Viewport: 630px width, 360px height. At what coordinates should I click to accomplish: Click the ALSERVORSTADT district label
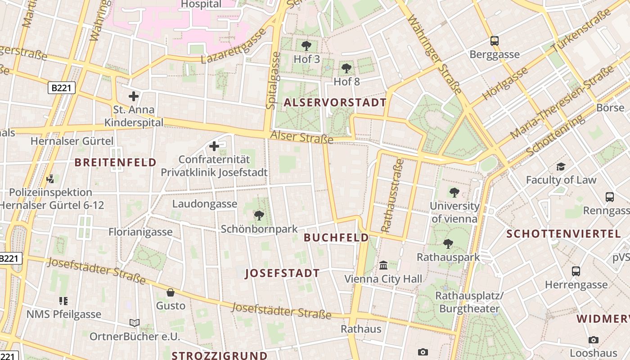click(335, 103)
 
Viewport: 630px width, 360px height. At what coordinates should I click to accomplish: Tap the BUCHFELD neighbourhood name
click(336, 238)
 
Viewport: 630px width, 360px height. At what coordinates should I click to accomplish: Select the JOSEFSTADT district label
click(282, 273)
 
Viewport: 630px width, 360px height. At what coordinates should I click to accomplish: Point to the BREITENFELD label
click(115, 162)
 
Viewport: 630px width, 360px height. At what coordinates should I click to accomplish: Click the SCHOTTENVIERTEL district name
click(563, 234)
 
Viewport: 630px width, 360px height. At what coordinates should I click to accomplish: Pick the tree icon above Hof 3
click(306, 45)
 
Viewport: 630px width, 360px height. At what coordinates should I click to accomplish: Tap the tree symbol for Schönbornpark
click(259, 216)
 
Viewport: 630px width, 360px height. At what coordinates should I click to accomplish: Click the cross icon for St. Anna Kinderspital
click(133, 96)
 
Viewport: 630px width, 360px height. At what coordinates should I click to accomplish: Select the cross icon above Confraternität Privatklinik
click(214, 146)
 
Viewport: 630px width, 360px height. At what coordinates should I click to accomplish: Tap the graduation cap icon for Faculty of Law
click(561, 167)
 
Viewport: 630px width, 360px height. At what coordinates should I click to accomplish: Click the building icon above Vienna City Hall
click(383, 265)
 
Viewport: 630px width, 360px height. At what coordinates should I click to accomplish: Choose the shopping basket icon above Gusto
click(171, 292)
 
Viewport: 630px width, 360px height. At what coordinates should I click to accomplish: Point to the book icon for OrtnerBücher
click(134, 323)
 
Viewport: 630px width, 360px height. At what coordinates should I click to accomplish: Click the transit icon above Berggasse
click(495, 41)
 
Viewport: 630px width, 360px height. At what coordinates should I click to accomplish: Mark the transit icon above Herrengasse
click(576, 271)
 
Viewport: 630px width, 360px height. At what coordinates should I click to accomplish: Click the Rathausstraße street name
click(392, 195)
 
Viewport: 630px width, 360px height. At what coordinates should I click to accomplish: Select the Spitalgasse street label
click(273, 80)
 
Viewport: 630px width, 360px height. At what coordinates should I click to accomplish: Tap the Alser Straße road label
click(301, 137)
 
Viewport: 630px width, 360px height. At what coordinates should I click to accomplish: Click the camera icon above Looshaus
click(594, 340)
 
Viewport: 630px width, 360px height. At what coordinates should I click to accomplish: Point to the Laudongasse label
click(205, 204)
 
